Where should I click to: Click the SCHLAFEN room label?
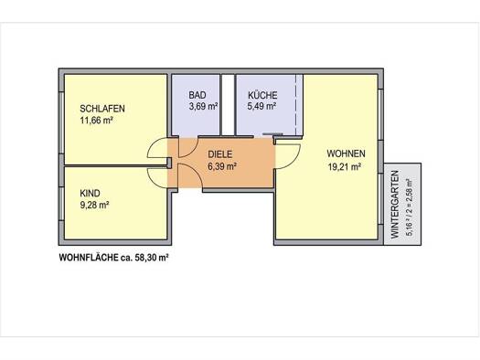click(x=102, y=109)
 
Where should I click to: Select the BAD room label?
click(x=197, y=95)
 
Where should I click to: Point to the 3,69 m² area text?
click(x=203, y=106)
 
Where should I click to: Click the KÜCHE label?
click(x=262, y=95)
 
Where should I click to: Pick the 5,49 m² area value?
click(x=262, y=106)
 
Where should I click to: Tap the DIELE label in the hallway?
click(x=220, y=154)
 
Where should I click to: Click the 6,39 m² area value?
click(x=222, y=166)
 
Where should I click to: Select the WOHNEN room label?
click(x=346, y=154)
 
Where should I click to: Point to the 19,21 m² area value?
click(x=344, y=166)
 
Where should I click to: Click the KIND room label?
click(x=90, y=194)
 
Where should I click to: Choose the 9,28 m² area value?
click(x=94, y=205)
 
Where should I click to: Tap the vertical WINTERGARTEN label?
click(x=395, y=205)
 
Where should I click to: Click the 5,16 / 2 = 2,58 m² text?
click(x=410, y=207)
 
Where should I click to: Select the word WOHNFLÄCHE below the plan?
click(x=89, y=258)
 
